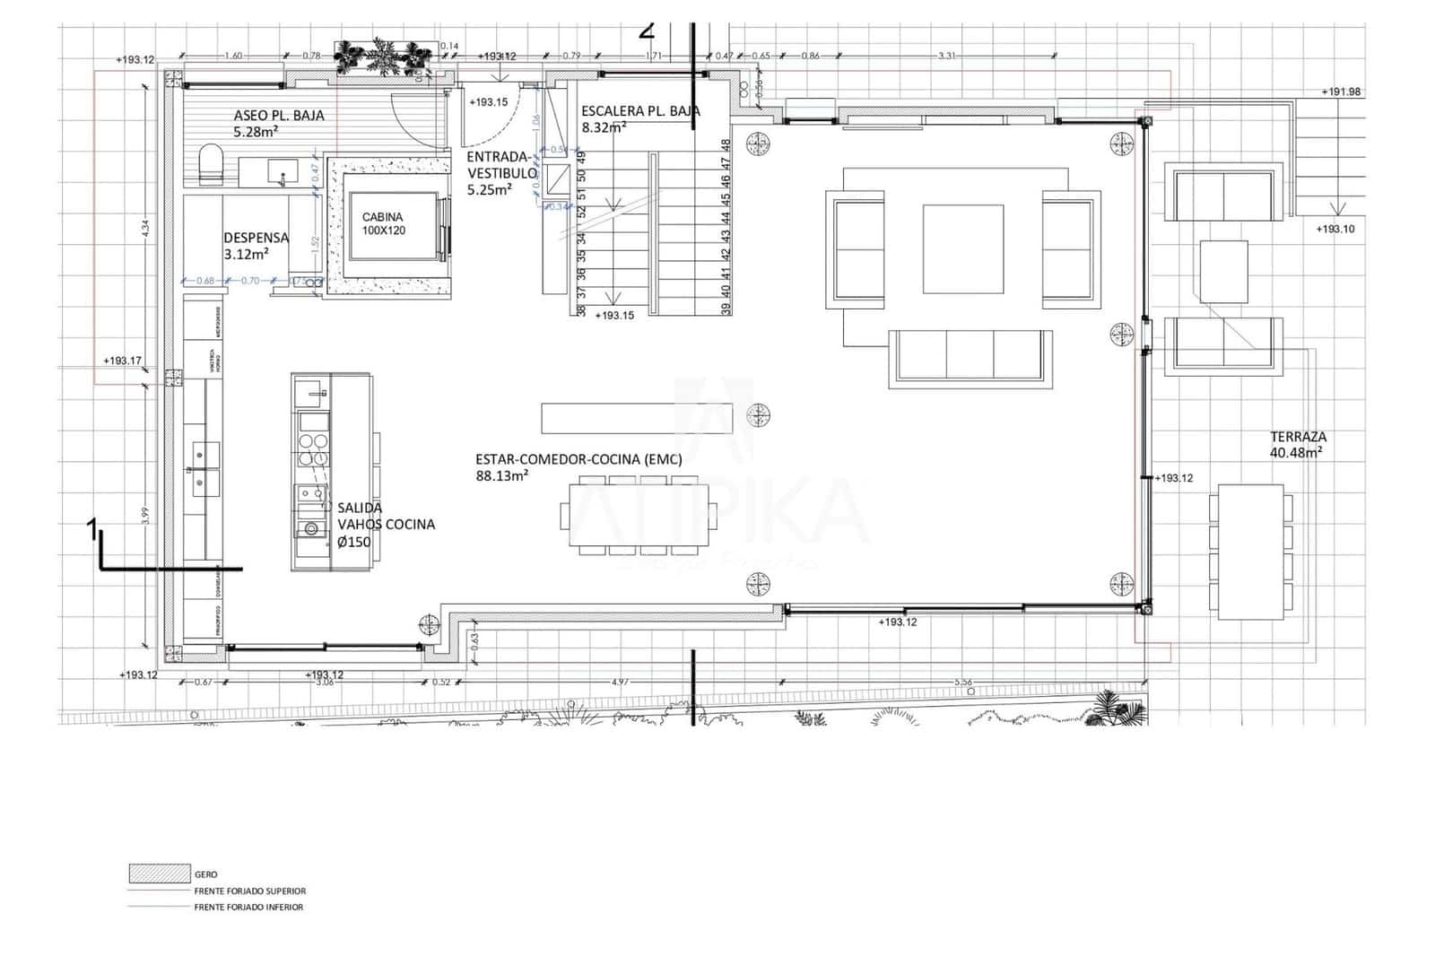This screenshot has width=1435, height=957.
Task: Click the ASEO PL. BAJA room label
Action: tap(278, 123)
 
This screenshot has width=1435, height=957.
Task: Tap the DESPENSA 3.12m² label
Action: tap(256, 246)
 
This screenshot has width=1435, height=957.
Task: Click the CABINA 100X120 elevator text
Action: tap(383, 223)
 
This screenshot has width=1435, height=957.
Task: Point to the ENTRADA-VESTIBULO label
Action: tap(501, 173)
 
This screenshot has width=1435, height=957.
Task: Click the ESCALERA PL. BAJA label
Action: tap(639, 118)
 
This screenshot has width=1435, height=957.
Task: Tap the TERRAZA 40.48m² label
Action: tap(1297, 444)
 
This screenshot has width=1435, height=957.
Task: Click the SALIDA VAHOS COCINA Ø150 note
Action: tap(386, 525)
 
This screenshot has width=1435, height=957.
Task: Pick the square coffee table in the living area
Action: tap(963, 248)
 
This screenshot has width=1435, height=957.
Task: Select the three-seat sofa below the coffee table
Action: tap(970, 356)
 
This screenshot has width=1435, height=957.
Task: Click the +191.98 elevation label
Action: tap(1341, 92)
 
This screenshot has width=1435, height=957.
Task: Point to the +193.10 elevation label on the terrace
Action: tap(1335, 230)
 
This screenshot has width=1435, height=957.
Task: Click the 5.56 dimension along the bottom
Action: tap(962, 682)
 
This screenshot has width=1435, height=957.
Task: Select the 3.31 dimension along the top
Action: tap(946, 56)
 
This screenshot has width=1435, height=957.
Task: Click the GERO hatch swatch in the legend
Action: tap(158, 874)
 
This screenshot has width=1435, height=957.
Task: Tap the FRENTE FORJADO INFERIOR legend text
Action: tap(248, 907)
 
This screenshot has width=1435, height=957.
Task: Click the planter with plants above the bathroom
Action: tap(383, 60)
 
